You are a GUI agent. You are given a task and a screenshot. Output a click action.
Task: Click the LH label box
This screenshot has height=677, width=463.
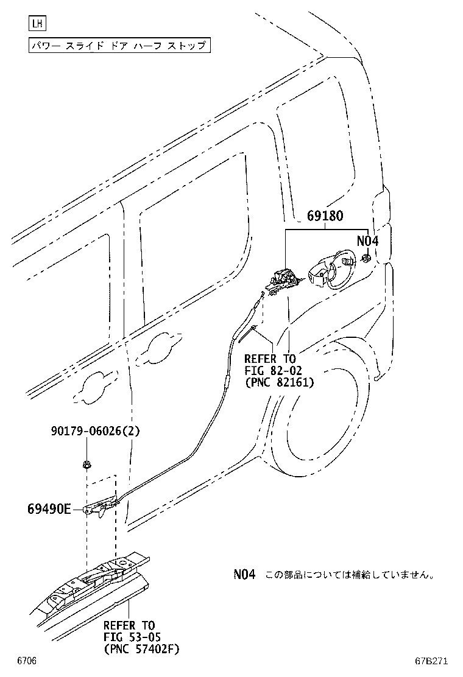pyautogui.click(x=38, y=24)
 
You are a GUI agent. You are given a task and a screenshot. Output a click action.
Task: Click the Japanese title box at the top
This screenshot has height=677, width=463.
pyautogui.click(x=120, y=46)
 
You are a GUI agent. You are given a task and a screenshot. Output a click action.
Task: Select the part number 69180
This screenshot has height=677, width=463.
pyautogui.click(x=325, y=216)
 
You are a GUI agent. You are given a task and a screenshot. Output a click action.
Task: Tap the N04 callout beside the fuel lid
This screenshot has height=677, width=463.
pyautogui.click(x=367, y=241)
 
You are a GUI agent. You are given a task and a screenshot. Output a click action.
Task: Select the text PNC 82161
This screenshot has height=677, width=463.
pyautogui.click(x=279, y=383)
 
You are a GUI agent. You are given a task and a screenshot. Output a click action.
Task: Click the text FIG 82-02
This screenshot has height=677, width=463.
pyautogui.click(x=273, y=371)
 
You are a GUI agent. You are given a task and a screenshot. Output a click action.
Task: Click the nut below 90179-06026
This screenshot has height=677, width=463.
pyautogui.click(x=87, y=466)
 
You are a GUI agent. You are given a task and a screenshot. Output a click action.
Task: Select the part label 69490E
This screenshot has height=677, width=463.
pyautogui.click(x=49, y=509)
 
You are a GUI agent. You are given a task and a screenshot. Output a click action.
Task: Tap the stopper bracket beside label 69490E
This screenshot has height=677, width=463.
pyautogui.click(x=101, y=507)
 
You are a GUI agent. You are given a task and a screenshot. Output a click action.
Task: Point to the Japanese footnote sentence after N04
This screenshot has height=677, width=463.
pyautogui.click(x=349, y=575)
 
